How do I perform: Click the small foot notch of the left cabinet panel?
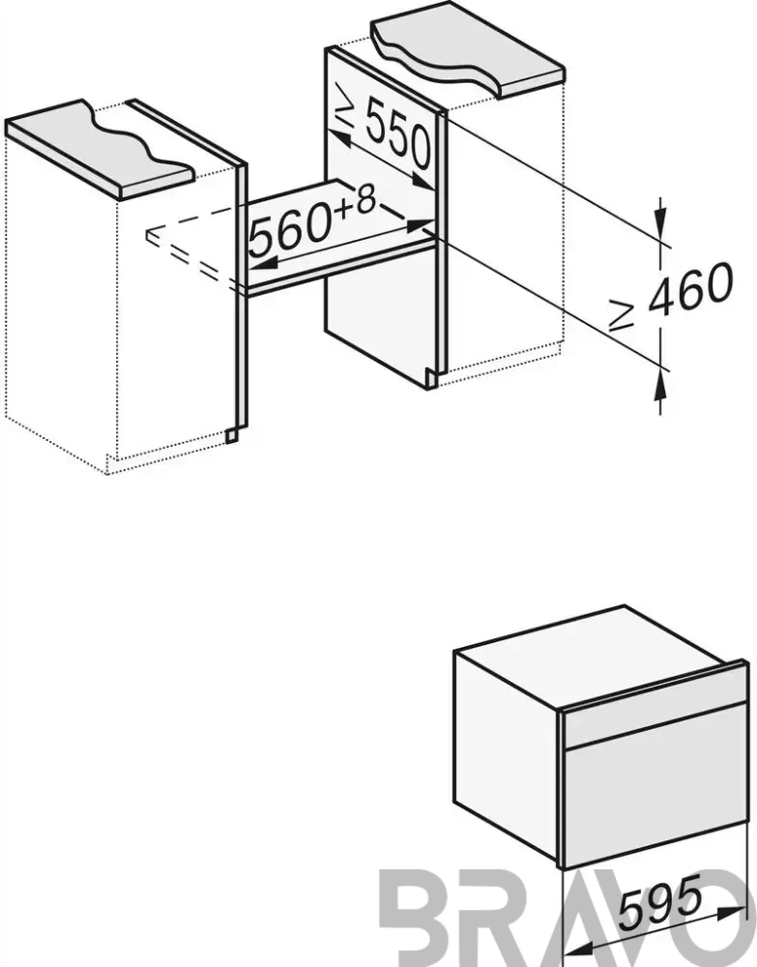coord(230,435)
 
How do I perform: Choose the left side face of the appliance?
coord(507,751)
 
